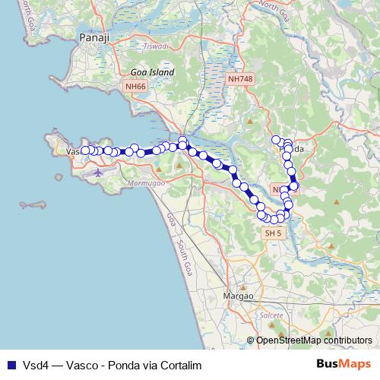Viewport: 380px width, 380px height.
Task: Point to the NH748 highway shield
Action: point(240,78)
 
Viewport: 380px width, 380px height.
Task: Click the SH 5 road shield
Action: point(272,234)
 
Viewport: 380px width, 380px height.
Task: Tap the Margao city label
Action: point(237,295)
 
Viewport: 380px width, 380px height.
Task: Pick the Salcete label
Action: point(271,314)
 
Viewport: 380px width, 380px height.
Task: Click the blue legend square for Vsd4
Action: point(11,365)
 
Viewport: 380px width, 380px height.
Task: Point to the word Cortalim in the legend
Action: point(183,365)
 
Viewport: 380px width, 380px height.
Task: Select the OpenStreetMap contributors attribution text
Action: point(313,340)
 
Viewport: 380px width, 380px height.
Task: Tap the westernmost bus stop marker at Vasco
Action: point(85,150)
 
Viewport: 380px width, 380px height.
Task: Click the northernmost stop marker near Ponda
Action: point(276,139)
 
